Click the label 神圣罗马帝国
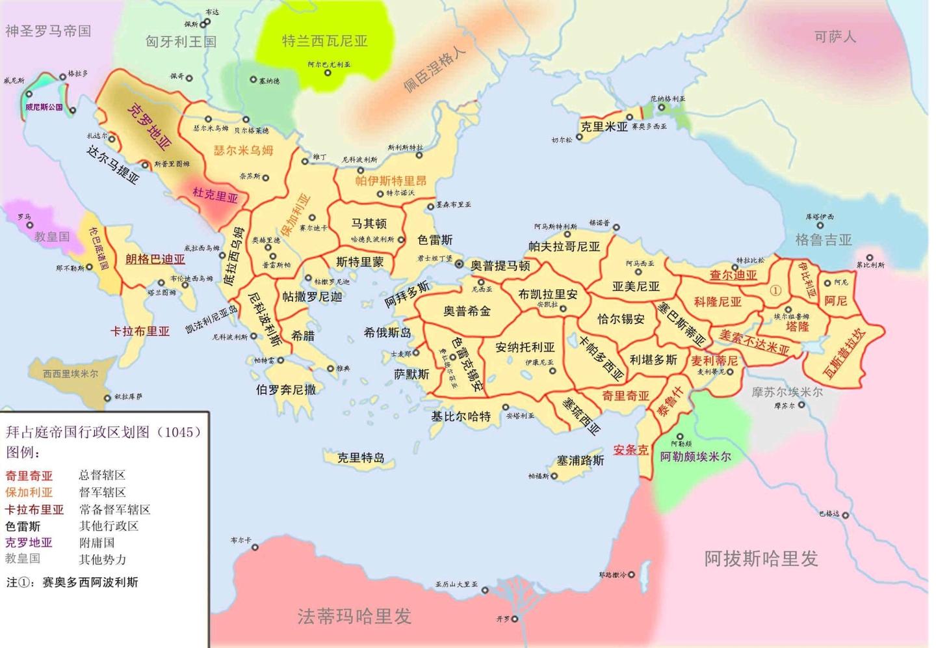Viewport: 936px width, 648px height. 48,31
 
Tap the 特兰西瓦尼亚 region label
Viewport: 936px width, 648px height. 324,41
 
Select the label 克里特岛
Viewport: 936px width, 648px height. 361,457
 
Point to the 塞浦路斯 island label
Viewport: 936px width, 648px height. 580,461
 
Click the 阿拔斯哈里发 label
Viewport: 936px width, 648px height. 760,558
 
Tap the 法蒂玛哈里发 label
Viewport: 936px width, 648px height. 354,615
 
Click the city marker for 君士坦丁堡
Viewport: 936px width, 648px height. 459,264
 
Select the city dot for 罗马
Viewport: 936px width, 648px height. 29,225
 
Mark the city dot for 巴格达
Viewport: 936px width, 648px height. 845,515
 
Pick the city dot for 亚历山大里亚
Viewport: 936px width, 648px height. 484,590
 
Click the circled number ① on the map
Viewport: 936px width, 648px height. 775,290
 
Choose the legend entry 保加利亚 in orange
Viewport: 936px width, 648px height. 29,493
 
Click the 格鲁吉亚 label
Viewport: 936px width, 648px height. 823,240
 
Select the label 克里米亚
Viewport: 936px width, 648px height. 604,127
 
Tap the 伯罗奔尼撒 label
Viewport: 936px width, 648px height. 286,389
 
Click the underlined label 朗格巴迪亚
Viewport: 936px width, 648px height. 155,260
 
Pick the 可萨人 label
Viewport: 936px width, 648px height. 835,36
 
